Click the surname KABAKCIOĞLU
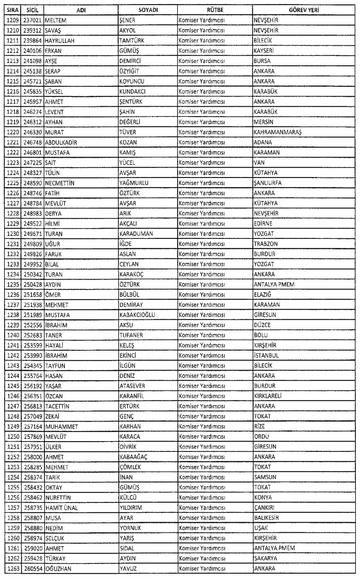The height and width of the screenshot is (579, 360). [137, 315]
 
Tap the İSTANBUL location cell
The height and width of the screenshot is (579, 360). [266, 355]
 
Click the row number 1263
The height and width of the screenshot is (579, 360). [13, 568]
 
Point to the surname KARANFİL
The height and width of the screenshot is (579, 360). [132, 396]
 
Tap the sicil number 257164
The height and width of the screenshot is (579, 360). [33, 426]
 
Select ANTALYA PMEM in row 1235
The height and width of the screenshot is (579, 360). [274, 284]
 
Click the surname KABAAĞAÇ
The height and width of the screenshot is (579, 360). [133, 457]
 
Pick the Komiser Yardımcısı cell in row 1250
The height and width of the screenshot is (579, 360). [202, 436]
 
